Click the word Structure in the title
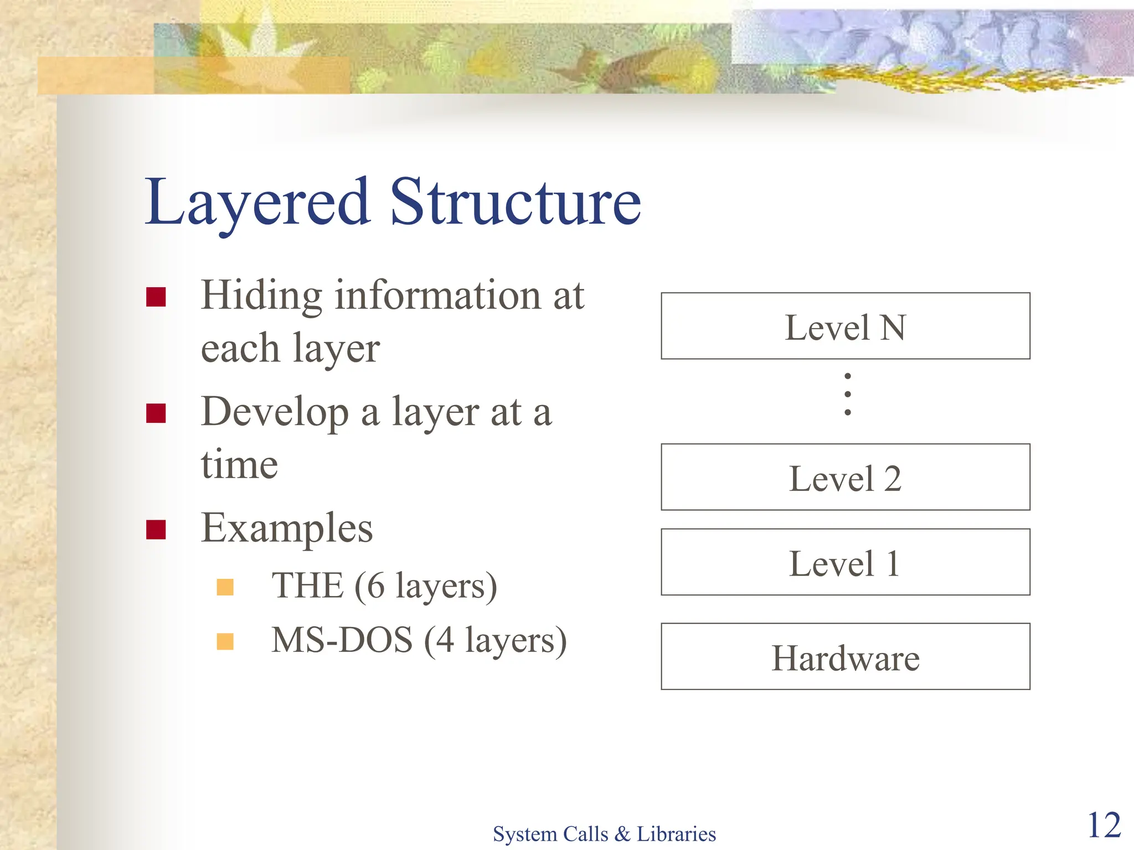pos(515,203)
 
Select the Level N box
pos(845,326)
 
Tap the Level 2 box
pos(845,477)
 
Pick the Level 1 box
pos(845,562)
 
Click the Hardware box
pos(845,657)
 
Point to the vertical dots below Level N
pos(847,394)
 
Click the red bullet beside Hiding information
pos(156,297)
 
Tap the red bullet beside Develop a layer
pos(156,413)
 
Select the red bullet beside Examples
pos(156,530)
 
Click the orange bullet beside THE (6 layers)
pos(225,587)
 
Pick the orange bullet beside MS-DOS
pos(225,641)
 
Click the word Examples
pos(287,528)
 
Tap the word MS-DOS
pos(342,640)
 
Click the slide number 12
pos(1104,825)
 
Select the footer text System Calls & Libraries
pos(604,833)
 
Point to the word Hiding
pos(261,296)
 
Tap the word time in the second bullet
pos(239,464)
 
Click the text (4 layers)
pos(496,640)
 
